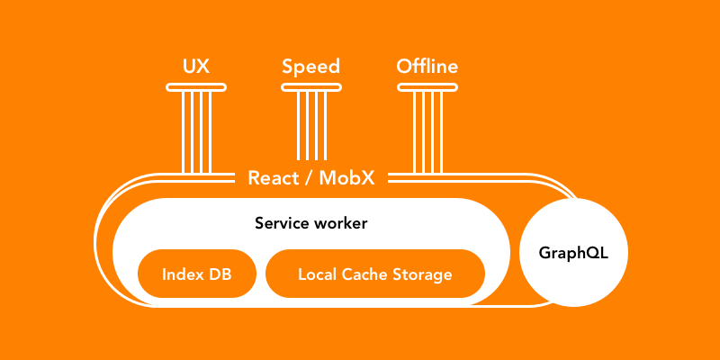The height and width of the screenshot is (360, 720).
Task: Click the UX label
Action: coord(196,67)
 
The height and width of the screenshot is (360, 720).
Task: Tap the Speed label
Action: coord(310,67)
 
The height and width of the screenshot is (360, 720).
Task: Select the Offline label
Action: coord(427,67)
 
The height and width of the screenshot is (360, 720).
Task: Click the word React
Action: coord(274,177)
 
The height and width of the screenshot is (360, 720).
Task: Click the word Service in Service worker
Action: coord(283,223)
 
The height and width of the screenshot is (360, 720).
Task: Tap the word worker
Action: coord(340,223)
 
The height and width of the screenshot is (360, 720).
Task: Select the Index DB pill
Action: coord(197,274)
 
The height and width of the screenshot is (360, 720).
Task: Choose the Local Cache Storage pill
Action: coord(374,274)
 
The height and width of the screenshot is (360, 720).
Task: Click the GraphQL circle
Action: coord(573,253)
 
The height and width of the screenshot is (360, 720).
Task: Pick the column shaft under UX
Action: coord(196,130)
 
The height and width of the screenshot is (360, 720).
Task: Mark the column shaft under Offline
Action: coord(427,130)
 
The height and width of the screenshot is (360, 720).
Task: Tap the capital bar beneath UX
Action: coord(196,87)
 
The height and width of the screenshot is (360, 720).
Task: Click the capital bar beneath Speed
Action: coord(310,87)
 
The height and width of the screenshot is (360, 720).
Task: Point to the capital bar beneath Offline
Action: coord(427,87)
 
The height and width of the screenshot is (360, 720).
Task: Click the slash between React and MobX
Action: coord(309,177)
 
